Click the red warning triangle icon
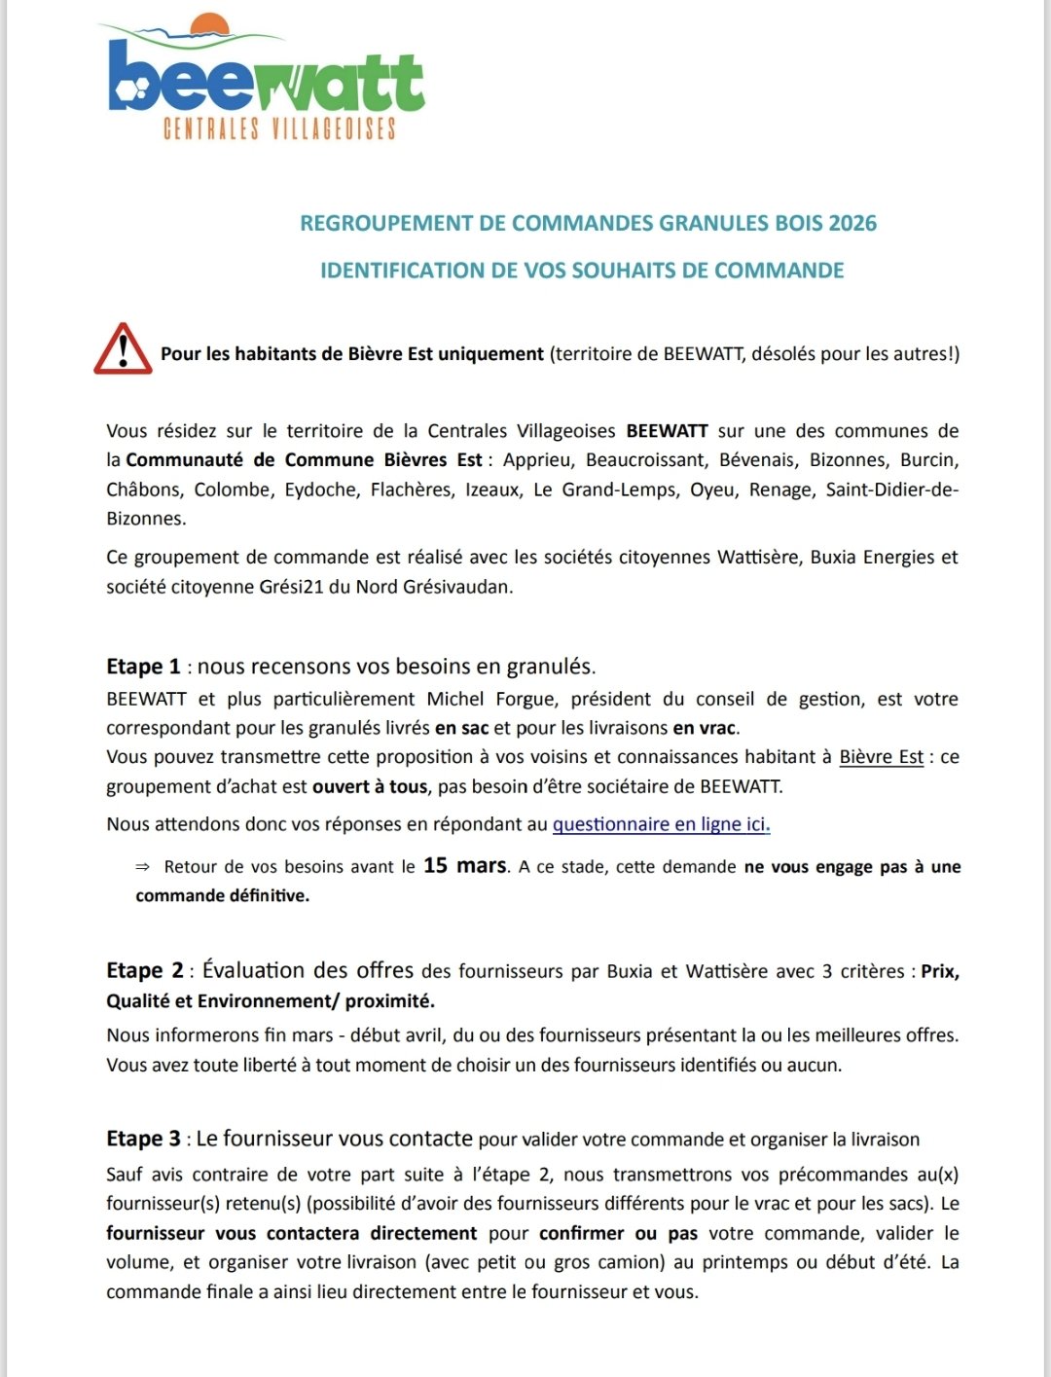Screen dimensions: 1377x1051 pyautogui.click(x=123, y=349)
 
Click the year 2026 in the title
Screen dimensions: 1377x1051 pyautogui.click(x=852, y=224)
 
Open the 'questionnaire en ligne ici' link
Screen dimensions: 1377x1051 pyautogui.click(x=661, y=824)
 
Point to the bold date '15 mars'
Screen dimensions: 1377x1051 pyautogui.click(x=465, y=865)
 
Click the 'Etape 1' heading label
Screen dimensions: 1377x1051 pyautogui.click(x=143, y=667)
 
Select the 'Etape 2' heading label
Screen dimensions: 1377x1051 pyautogui.click(x=145, y=970)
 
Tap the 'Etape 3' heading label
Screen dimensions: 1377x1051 pyautogui.click(x=143, y=1139)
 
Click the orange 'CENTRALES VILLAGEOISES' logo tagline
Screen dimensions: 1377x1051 pyautogui.click(x=279, y=128)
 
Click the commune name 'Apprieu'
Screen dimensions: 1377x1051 pyautogui.click(x=535, y=460)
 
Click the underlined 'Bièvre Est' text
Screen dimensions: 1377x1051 pyautogui.click(x=881, y=757)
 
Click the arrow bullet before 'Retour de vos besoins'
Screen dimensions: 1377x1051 pyautogui.click(x=143, y=867)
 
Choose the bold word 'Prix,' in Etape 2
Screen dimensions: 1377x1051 pyautogui.click(x=940, y=971)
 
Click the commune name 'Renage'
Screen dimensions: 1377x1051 pyautogui.click(x=780, y=489)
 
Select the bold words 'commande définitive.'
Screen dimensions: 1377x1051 pyautogui.click(x=223, y=895)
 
